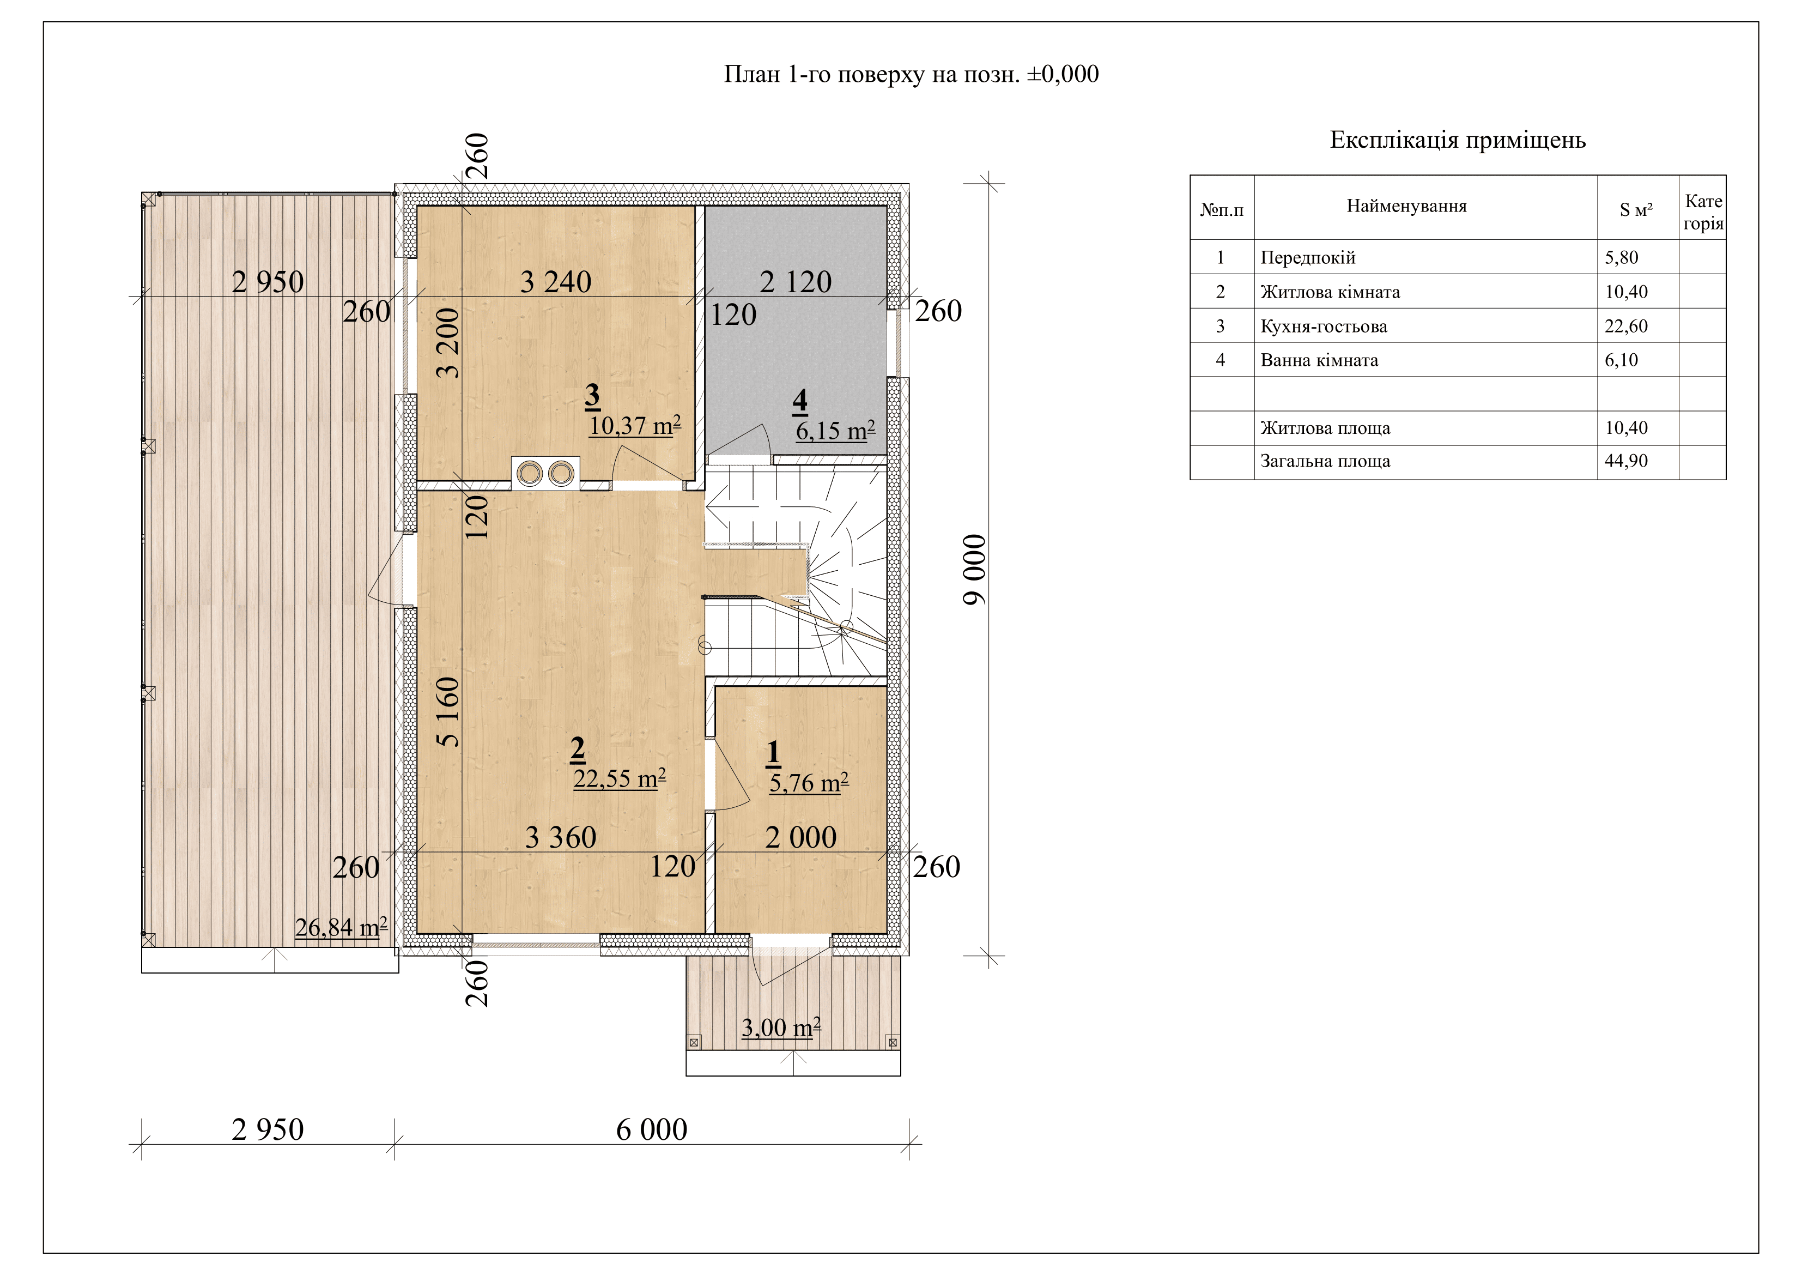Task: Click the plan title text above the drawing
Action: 911,75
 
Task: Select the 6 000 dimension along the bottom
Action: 651,1130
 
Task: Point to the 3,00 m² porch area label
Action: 781,1028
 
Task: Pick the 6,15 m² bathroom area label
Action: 835,430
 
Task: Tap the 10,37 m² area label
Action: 635,426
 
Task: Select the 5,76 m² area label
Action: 809,783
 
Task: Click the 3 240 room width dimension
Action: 556,282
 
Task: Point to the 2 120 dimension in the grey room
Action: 795,282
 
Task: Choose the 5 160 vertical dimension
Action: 447,711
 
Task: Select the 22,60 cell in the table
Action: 1626,326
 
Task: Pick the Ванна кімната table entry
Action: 1319,360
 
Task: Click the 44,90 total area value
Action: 1626,461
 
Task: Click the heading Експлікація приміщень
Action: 1458,140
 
